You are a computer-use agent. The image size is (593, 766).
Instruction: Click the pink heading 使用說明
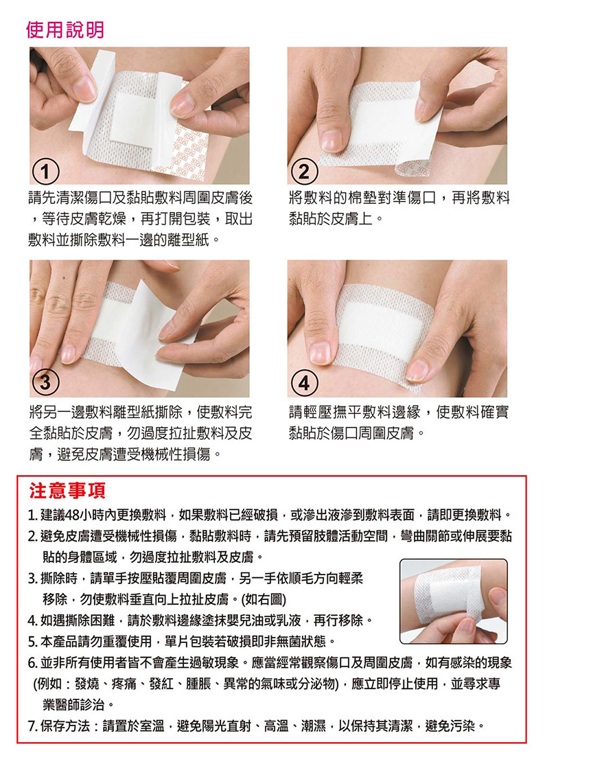pos(65,30)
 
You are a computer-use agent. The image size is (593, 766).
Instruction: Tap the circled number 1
pos(45,172)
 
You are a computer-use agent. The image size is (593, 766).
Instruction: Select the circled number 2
pos(304,172)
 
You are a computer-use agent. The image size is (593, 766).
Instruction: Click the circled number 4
pos(304,382)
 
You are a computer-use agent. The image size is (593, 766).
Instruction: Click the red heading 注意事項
pos(67,491)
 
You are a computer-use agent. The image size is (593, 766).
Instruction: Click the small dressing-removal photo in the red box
pos(453,601)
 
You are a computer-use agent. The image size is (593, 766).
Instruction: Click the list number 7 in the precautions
pos(32,726)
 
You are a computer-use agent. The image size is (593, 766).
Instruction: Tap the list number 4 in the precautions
pos(32,620)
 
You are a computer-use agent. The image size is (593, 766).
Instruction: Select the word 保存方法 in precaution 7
pos(65,726)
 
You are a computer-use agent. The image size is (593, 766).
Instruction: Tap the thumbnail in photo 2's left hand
pos(332,140)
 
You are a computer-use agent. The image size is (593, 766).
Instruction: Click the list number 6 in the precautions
pos(32,663)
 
